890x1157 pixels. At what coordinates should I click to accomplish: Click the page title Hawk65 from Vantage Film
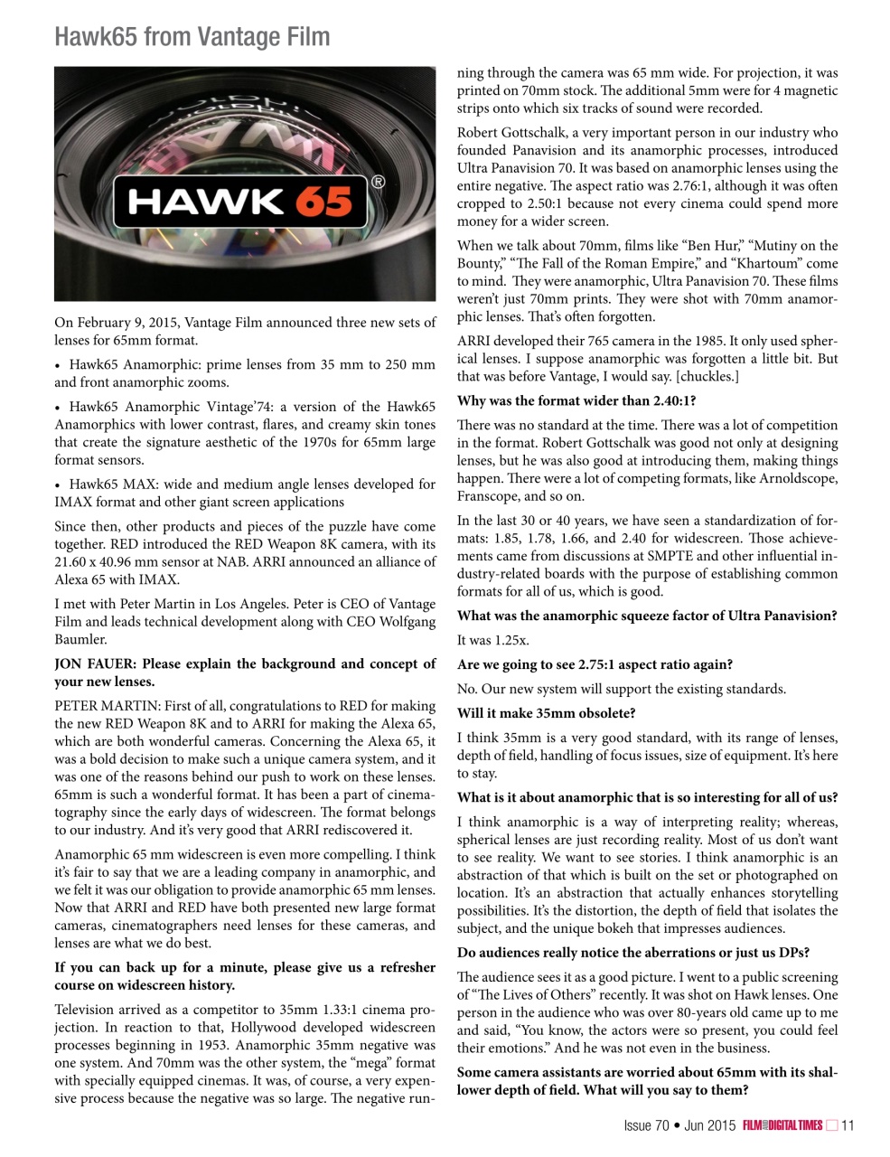[x=192, y=37]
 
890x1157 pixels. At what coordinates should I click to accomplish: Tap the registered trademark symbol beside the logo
[x=378, y=183]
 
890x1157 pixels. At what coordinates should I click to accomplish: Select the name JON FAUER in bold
[x=95, y=664]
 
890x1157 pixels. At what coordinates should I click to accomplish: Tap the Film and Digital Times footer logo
[x=782, y=1125]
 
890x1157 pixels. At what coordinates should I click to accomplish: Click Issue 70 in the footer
[x=646, y=1125]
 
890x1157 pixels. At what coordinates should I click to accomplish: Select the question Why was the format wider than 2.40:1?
[x=576, y=401]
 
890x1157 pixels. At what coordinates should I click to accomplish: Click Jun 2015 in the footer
[x=709, y=1125]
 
